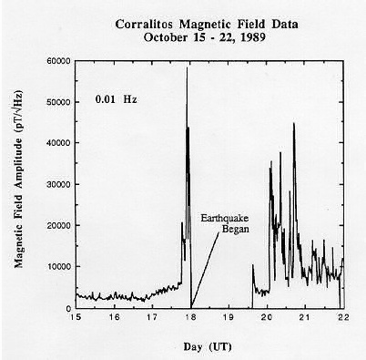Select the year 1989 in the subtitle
point(252,37)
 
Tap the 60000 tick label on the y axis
point(59,61)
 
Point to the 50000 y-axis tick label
point(59,102)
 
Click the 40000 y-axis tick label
point(59,143)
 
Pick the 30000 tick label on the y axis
point(59,184)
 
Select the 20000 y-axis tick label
point(59,225)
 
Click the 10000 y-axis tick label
point(59,266)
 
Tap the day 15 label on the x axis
point(76,317)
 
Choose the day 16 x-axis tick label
point(115,317)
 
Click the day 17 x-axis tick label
point(152,317)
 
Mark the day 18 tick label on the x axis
point(191,317)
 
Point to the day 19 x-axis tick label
point(229,317)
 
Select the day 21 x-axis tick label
point(305,317)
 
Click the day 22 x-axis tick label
point(343,317)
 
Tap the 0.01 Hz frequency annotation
point(116,99)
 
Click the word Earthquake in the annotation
point(225,218)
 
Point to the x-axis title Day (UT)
point(208,346)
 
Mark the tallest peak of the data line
point(187,67)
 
